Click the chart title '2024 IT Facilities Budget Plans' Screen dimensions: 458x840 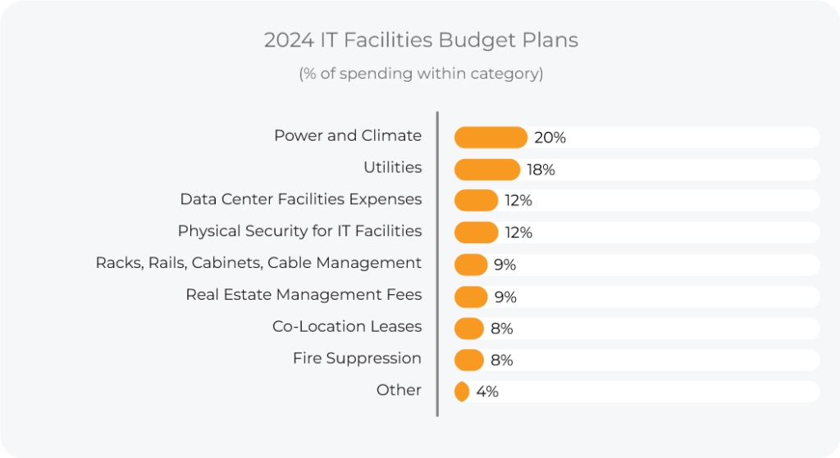click(420, 40)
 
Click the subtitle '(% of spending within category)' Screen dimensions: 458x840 click(420, 74)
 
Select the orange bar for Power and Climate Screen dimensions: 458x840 click(491, 138)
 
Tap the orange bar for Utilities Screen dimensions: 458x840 click(486, 170)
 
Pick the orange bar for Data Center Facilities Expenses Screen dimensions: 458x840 click(476, 201)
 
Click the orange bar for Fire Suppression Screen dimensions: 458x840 click(468, 360)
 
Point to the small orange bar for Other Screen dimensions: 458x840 click(462, 392)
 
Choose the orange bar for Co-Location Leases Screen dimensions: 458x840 click(468, 329)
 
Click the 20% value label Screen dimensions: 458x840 click(550, 138)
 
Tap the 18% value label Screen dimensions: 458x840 click(541, 170)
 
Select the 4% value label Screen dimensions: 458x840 click(487, 392)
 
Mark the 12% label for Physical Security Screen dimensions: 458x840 click(518, 233)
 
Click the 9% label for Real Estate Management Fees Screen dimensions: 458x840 click(505, 297)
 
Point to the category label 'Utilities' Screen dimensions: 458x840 click(392, 167)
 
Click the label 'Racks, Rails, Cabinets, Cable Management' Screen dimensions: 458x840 click(258, 263)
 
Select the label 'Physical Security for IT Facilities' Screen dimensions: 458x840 click(299, 231)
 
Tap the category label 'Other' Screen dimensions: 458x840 click(399, 390)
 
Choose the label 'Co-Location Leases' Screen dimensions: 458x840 click(347, 326)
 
